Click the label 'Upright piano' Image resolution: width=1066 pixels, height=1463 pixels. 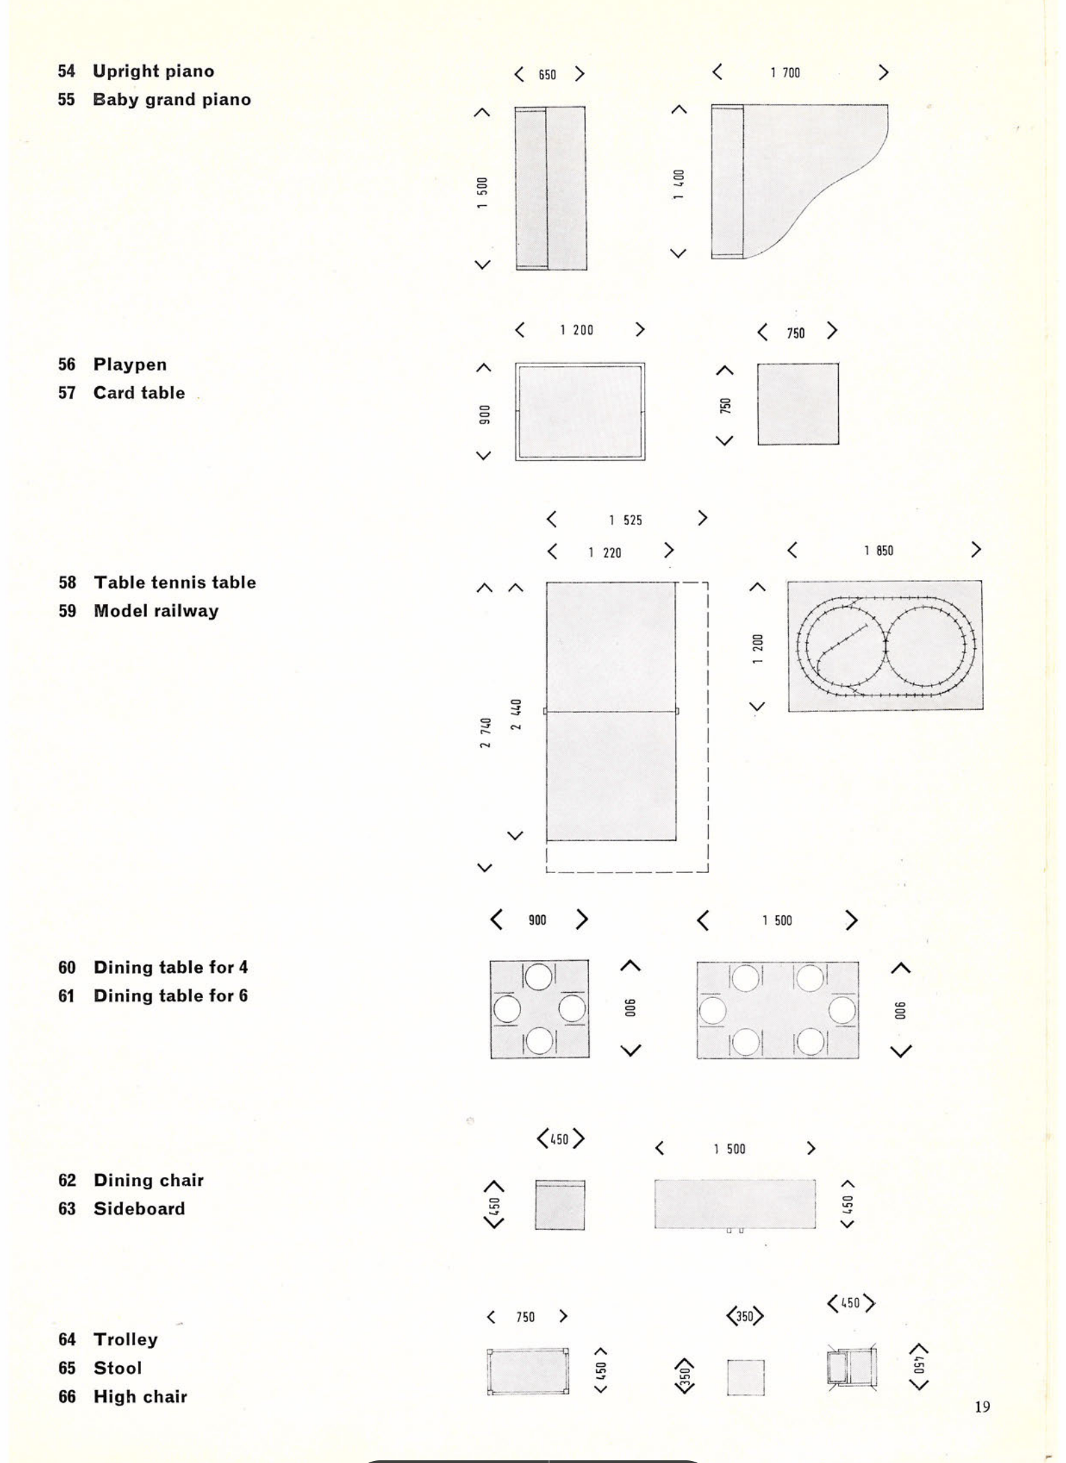click(x=153, y=71)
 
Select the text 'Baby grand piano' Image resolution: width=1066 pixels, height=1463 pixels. click(x=172, y=100)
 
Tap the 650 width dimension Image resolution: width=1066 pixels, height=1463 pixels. click(x=547, y=75)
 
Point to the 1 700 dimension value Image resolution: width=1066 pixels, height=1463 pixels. click(x=785, y=73)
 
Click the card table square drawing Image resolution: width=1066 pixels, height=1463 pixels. click(x=797, y=404)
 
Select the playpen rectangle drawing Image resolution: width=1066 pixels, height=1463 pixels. click(x=580, y=412)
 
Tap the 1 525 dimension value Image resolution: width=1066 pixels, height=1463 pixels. click(x=625, y=520)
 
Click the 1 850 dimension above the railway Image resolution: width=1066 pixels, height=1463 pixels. click(x=878, y=550)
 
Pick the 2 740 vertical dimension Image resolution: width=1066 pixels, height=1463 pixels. click(x=486, y=733)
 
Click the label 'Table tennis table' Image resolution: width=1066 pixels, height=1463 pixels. click(x=174, y=583)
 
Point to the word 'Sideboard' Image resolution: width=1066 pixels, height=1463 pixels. click(x=139, y=1208)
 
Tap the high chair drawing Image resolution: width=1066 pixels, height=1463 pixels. click(x=852, y=1368)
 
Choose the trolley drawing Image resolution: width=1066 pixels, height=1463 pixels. click(x=528, y=1372)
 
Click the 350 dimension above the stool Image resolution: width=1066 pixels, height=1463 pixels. click(x=745, y=1317)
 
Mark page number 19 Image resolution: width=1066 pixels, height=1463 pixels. click(x=983, y=1407)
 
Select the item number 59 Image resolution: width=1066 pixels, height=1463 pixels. click(x=67, y=611)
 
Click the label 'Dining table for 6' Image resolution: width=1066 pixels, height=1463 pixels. click(x=170, y=996)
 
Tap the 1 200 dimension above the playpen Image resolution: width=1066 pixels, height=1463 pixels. click(x=576, y=330)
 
